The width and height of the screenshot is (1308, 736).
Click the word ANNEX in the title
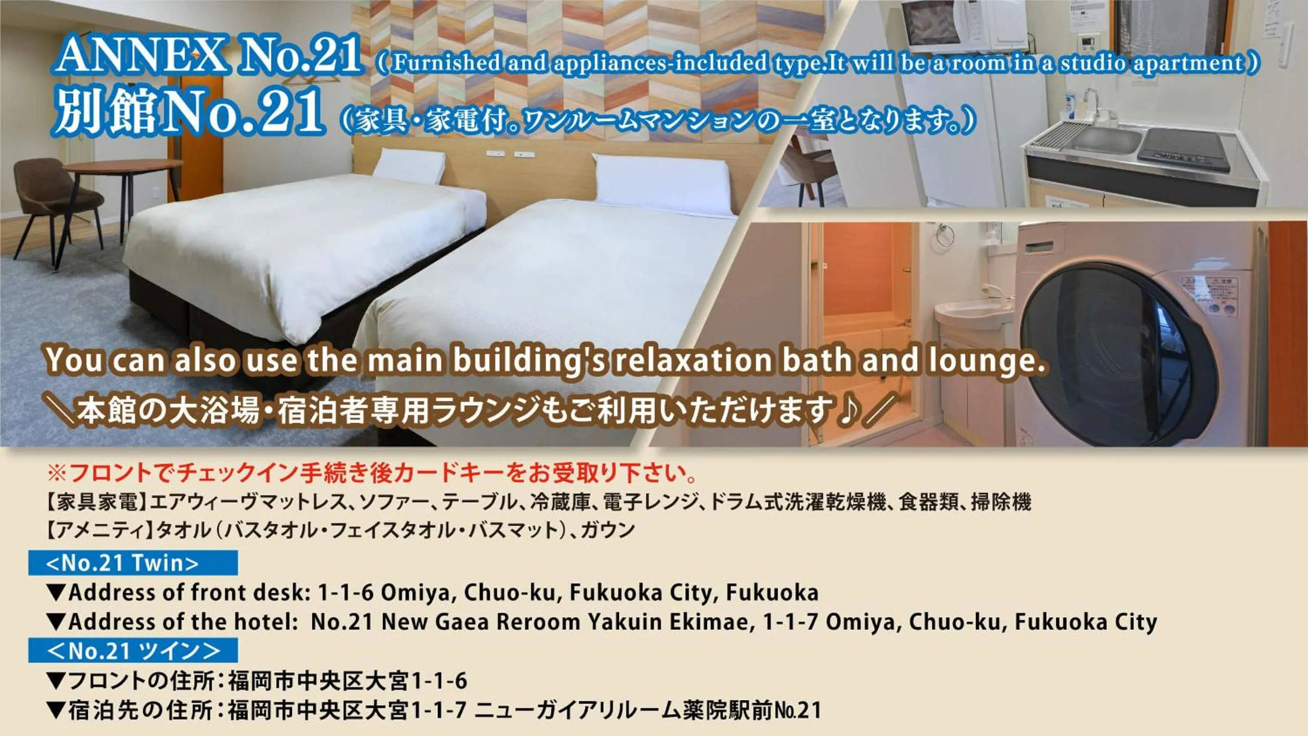(x=142, y=56)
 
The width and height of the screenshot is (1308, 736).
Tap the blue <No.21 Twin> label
(x=133, y=563)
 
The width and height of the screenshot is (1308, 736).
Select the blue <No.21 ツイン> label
(x=133, y=651)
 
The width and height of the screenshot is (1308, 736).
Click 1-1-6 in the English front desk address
(x=346, y=592)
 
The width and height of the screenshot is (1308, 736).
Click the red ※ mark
(x=56, y=473)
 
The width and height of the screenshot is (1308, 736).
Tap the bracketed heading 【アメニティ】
(x=98, y=530)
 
